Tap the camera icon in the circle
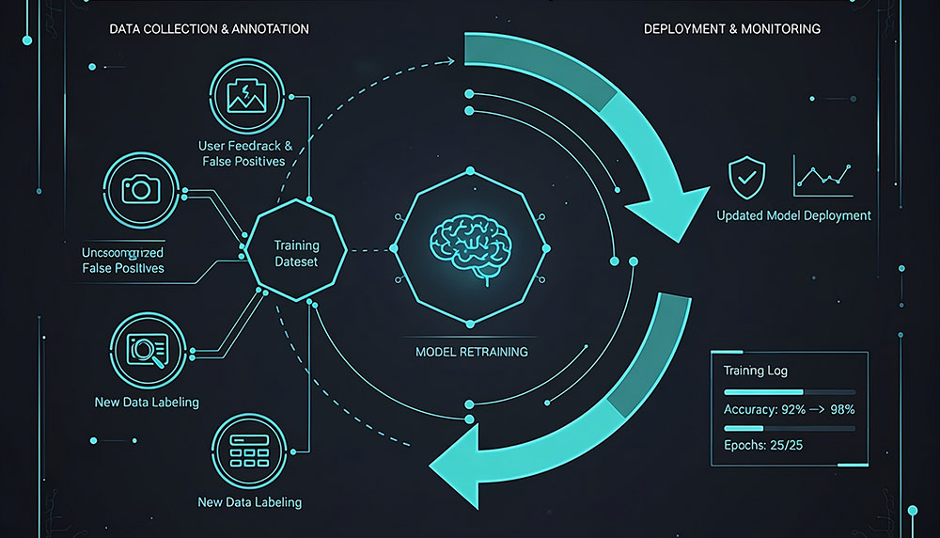click(x=141, y=189)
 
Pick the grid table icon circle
click(x=249, y=451)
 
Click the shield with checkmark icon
click(x=747, y=176)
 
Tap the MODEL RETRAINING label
click(x=471, y=352)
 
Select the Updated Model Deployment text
click(x=793, y=215)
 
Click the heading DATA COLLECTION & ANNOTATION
click(x=209, y=29)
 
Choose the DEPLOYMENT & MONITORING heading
click(x=731, y=29)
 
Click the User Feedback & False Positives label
click(x=245, y=153)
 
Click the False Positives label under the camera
click(x=122, y=268)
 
